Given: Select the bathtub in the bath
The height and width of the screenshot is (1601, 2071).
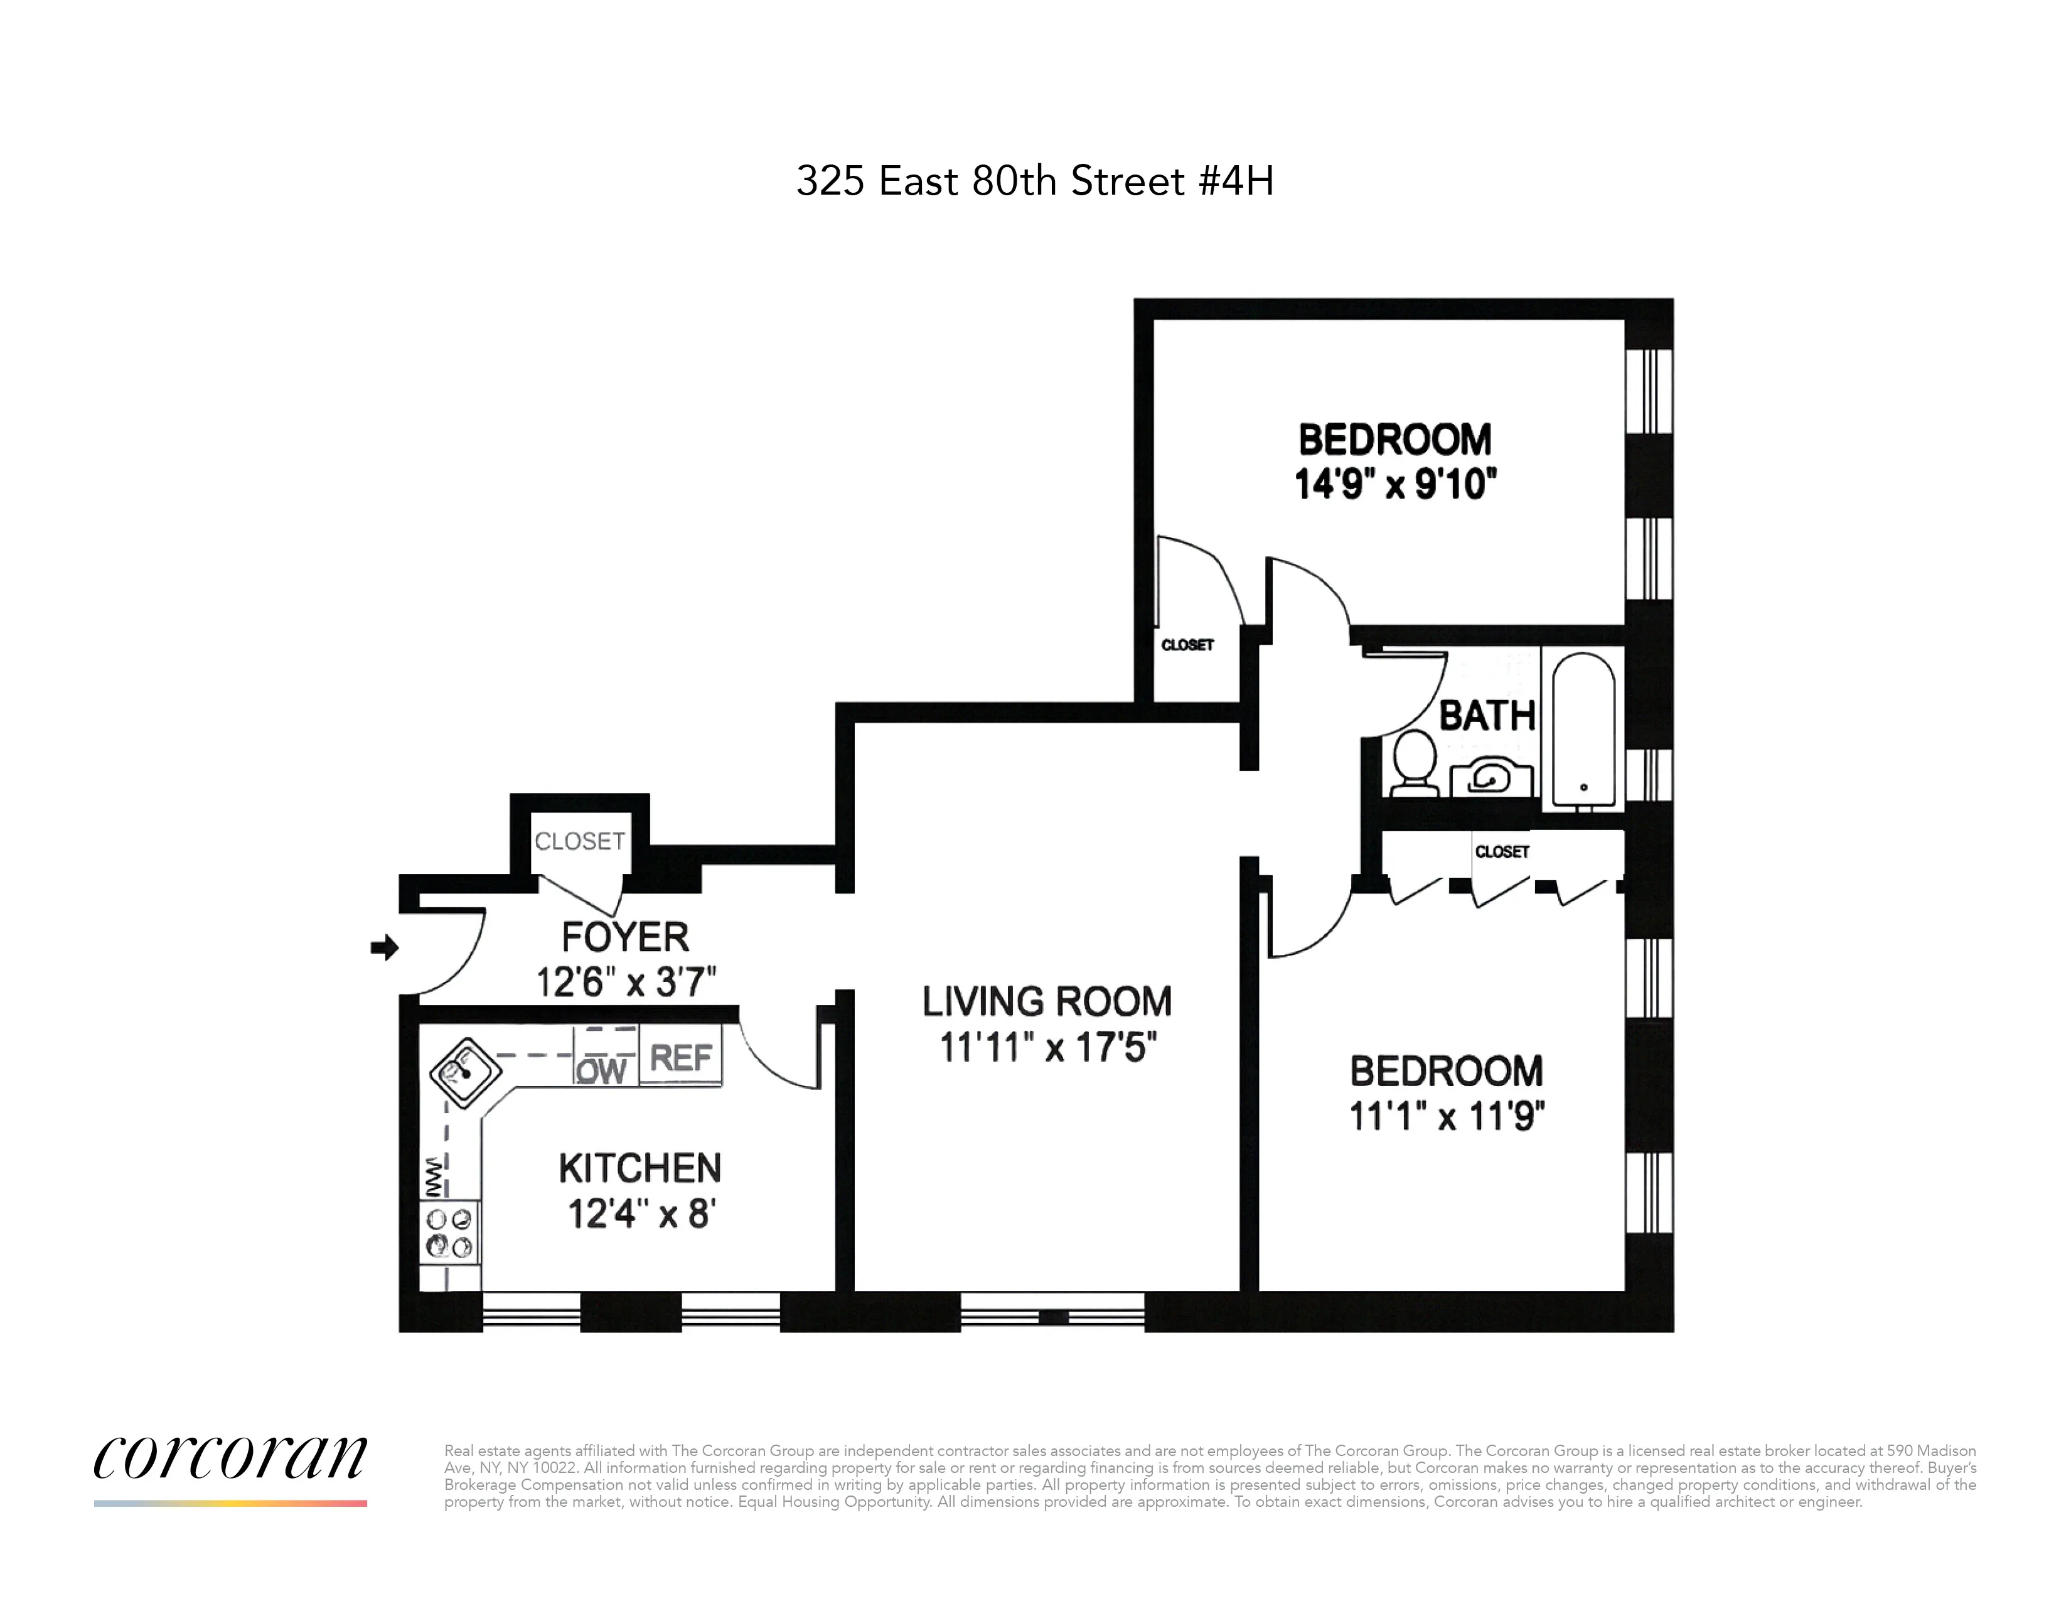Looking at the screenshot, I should pos(1583,728).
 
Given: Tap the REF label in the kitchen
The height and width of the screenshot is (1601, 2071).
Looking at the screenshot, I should pos(681,1057).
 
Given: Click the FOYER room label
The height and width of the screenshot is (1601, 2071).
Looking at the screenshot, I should pos(625,937).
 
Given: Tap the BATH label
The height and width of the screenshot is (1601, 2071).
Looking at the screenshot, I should pos(1487,716).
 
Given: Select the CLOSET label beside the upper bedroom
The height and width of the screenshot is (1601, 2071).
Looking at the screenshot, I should pos(1187,645).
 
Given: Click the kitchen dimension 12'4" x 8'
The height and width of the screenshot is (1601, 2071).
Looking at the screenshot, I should pos(641,1214).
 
